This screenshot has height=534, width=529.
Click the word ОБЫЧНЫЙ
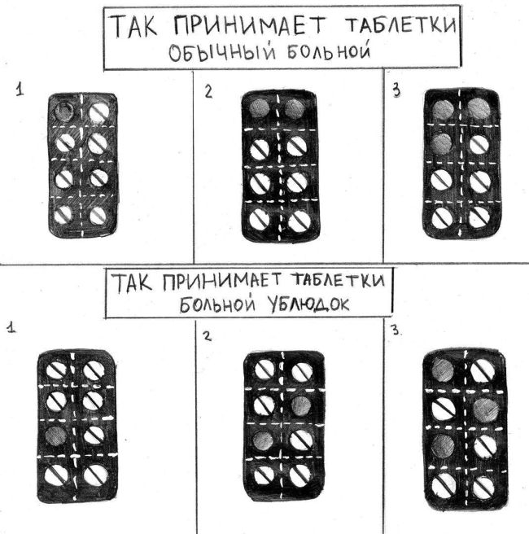222,53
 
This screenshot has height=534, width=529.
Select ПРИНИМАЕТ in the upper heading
250,25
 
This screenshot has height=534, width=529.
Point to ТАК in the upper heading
133,26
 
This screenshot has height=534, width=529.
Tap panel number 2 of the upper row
208,92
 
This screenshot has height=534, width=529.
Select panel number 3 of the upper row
396,90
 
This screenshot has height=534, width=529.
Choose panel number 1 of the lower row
12,328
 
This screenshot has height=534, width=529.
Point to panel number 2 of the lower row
207,336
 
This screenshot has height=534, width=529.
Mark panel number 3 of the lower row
395,330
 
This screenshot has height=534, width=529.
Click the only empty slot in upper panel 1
64,111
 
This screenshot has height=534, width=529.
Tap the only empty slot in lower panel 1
56,436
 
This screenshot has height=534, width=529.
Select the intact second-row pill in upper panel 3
479,144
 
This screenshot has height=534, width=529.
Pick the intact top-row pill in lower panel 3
482,370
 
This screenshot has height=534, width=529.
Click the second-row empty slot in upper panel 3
442,144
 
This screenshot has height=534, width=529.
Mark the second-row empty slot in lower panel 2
301,405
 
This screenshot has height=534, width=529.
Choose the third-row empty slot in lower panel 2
263,440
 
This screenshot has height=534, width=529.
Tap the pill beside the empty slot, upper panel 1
99,112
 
